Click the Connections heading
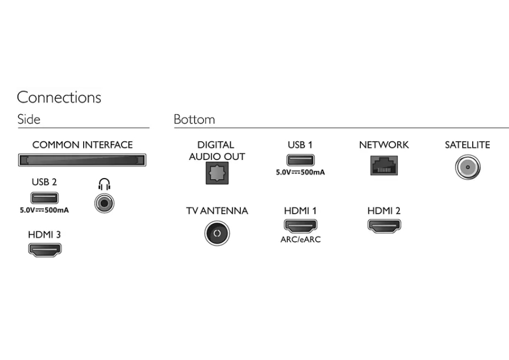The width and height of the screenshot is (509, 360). click(59, 97)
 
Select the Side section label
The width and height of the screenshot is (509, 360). click(28, 120)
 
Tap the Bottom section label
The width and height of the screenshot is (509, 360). click(194, 120)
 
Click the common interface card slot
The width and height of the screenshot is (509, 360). click(83, 161)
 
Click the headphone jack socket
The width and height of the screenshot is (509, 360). click(104, 202)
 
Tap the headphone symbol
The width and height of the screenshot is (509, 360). click(104, 184)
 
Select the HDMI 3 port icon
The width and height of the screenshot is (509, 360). click(45, 249)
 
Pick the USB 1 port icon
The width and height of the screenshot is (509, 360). click(300, 161)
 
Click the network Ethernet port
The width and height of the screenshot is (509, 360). click(383, 164)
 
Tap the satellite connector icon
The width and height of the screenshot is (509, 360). click(467, 167)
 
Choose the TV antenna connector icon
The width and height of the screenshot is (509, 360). click(217, 233)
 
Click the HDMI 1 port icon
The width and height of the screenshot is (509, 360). click(300, 226)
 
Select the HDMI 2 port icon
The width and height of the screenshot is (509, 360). click(384, 226)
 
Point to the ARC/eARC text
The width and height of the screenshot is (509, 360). click(300, 239)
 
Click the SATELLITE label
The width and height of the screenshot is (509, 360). click(467, 145)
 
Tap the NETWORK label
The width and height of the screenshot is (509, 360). click(383, 145)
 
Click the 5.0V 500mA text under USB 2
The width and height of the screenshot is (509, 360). click(44, 210)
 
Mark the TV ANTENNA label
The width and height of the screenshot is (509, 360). click(217, 211)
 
